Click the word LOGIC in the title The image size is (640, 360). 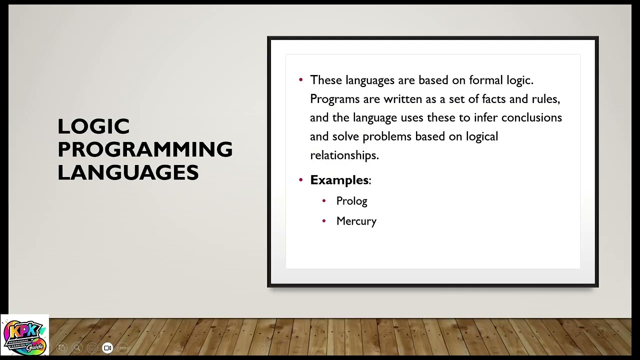coord(93,126)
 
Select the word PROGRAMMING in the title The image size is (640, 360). coord(145,149)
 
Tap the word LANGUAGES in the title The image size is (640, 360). coord(128,172)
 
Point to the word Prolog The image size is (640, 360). coord(351,201)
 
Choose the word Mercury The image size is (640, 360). coord(356,221)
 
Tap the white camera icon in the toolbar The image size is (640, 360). coord(107,348)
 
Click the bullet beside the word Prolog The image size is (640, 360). coord(324,200)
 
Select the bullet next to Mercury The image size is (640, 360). coord(324,220)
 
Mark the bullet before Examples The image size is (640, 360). coord(300,179)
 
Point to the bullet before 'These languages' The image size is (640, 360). coord(300,80)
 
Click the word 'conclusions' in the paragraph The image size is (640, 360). coord(531,117)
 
